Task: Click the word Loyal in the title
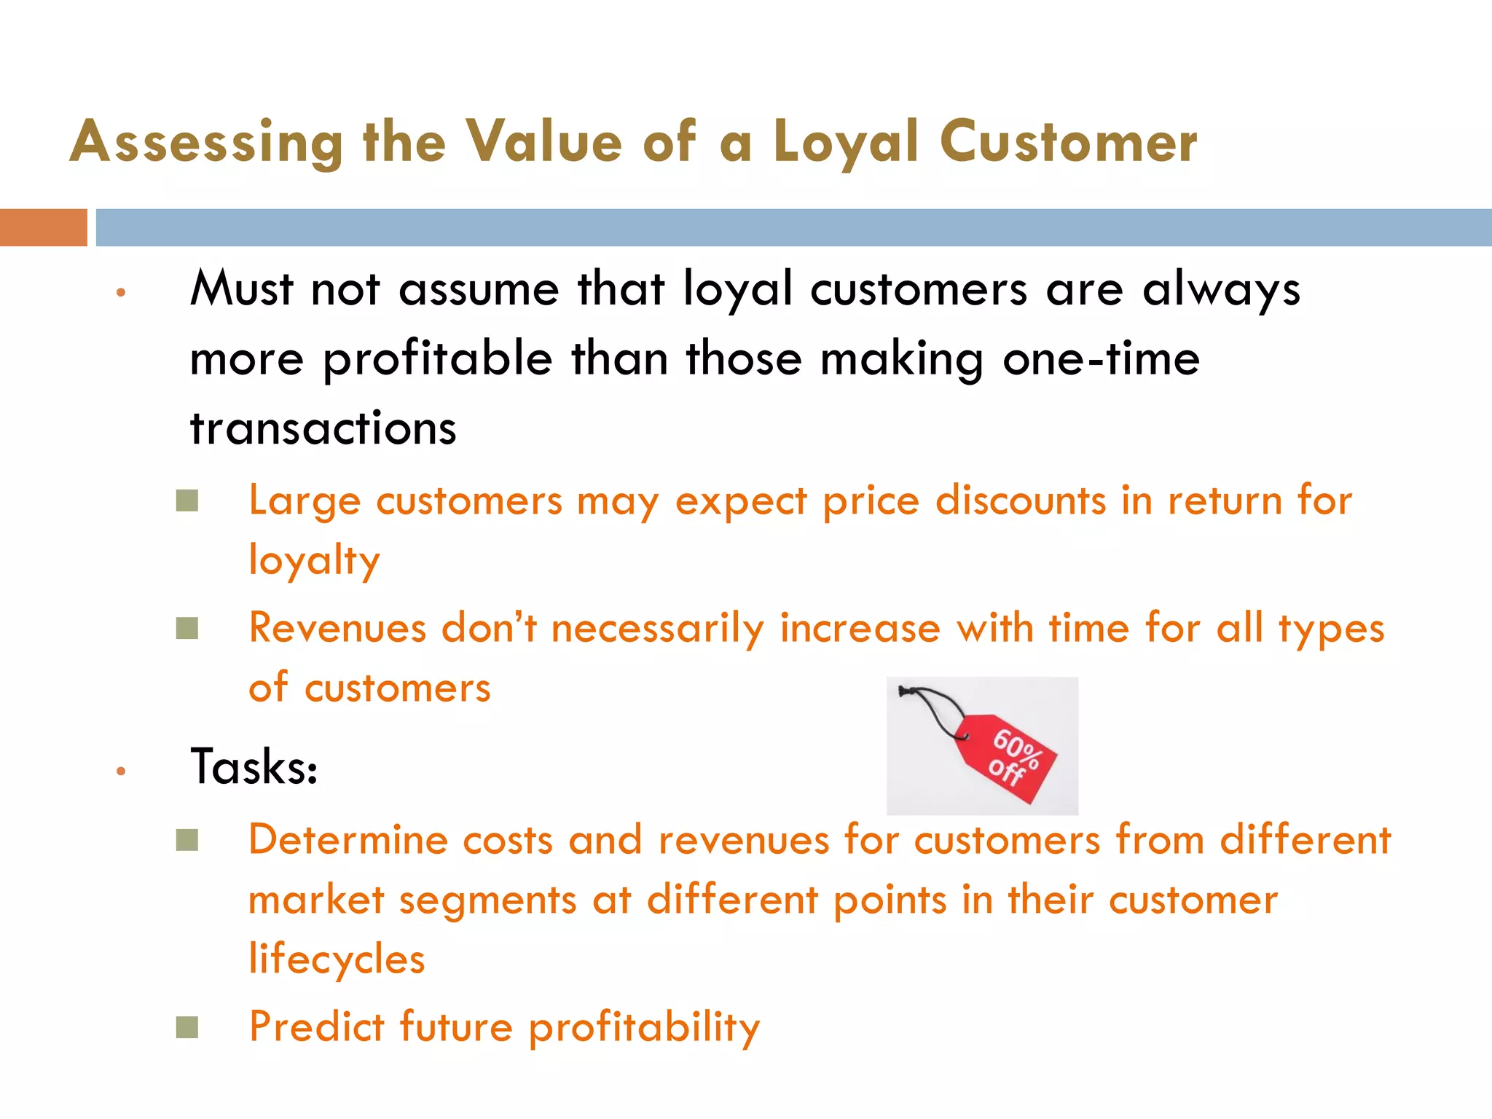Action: click(x=846, y=143)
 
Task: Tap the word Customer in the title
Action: click(x=1068, y=143)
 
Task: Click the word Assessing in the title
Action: click(x=206, y=143)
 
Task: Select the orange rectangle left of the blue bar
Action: click(x=43, y=227)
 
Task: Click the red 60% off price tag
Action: click(x=1009, y=758)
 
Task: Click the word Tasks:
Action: click(x=254, y=767)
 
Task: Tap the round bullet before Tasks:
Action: click(x=121, y=771)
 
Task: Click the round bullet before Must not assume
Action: click(x=121, y=293)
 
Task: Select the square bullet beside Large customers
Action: click(x=187, y=501)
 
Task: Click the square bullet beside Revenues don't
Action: click(x=187, y=628)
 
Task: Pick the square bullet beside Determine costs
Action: click(x=187, y=840)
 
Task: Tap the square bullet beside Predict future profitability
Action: click(x=187, y=1027)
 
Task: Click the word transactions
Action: click(x=323, y=428)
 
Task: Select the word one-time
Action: click(x=1101, y=359)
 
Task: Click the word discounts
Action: click(x=1021, y=501)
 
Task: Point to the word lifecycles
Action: click(x=337, y=959)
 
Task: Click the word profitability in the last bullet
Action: click(x=644, y=1028)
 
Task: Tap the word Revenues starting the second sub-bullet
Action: click(x=337, y=628)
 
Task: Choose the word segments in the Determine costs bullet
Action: click(x=488, y=900)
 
